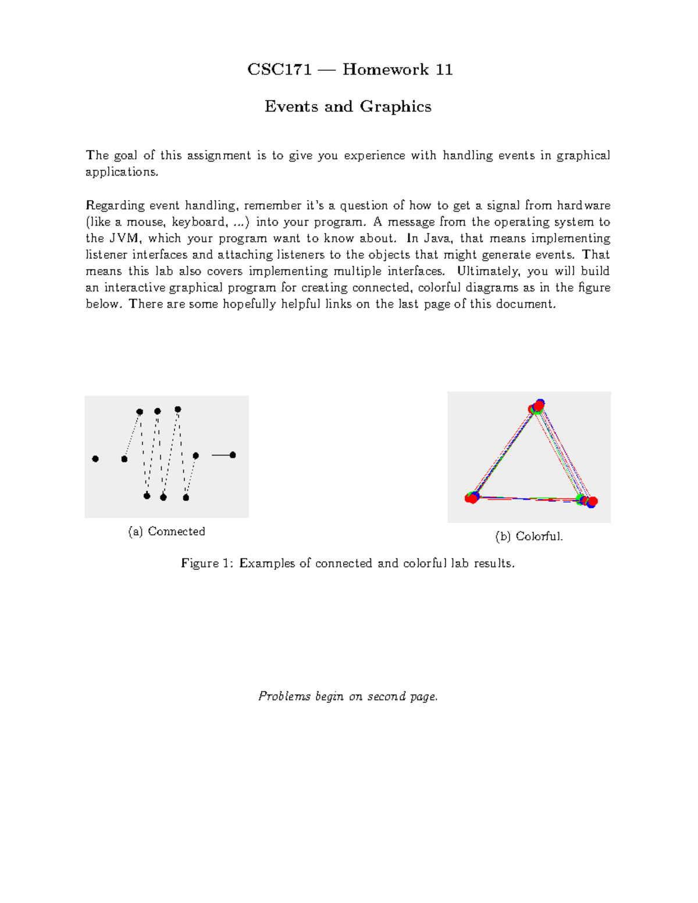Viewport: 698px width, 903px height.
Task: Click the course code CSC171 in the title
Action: tap(279, 70)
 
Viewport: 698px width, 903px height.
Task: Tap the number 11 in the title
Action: tap(444, 70)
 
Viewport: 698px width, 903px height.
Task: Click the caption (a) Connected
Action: tap(166, 531)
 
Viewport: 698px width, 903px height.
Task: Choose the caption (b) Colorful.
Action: tap(529, 536)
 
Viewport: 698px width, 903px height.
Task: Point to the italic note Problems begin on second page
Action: tap(348, 697)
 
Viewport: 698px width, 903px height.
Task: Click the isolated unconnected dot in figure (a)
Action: tap(95, 459)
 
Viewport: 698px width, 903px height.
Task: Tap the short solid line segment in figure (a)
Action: tap(221, 455)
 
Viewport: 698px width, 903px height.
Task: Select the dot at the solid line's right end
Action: tap(233, 455)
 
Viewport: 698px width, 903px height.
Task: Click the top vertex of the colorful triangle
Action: tap(536, 406)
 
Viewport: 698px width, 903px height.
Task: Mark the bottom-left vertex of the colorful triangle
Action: tap(472, 498)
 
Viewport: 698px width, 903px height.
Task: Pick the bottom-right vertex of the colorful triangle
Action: tap(587, 501)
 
